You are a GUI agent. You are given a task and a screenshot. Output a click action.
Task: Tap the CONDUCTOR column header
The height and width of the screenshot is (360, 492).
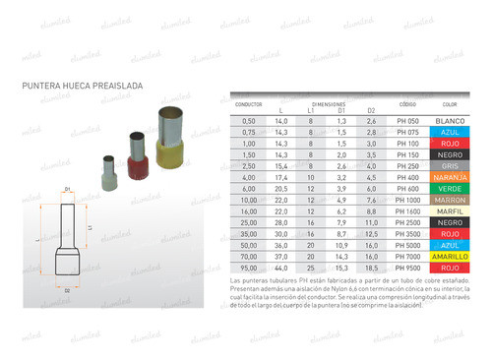[x=249, y=101]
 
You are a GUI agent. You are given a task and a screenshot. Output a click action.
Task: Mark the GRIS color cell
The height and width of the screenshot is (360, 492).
[x=451, y=166]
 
